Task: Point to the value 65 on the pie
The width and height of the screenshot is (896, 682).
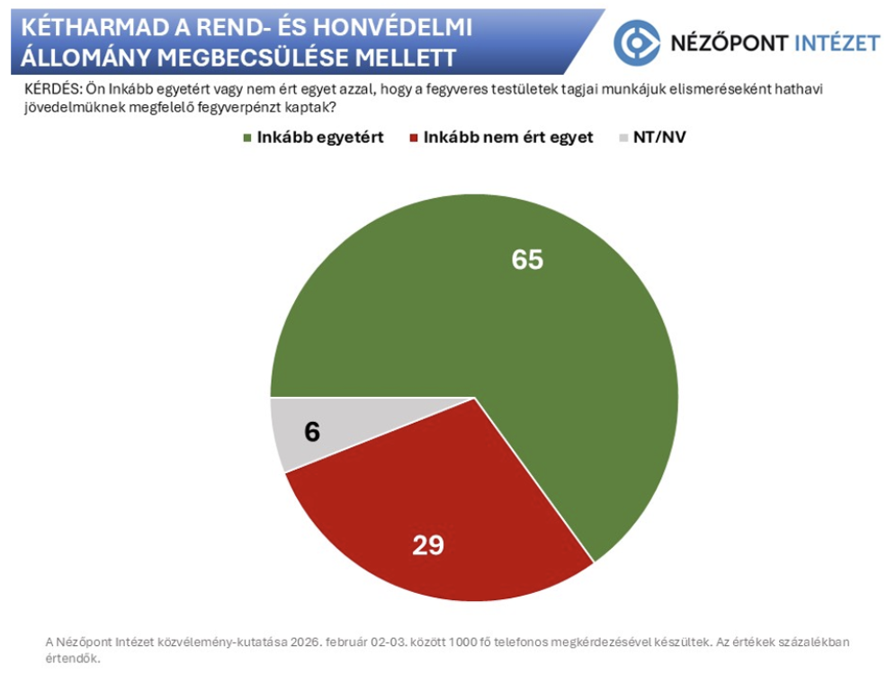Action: click(528, 259)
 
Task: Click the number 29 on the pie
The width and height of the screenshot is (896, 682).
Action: click(428, 544)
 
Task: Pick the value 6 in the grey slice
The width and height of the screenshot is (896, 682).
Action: click(311, 432)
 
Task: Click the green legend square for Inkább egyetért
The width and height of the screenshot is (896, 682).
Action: click(247, 139)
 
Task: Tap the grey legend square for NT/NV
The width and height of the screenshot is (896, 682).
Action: click(625, 139)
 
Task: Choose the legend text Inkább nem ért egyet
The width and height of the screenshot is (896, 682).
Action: click(508, 139)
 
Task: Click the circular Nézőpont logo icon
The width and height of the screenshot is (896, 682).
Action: click(636, 42)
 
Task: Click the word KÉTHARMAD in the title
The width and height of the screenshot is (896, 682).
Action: click(91, 27)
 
